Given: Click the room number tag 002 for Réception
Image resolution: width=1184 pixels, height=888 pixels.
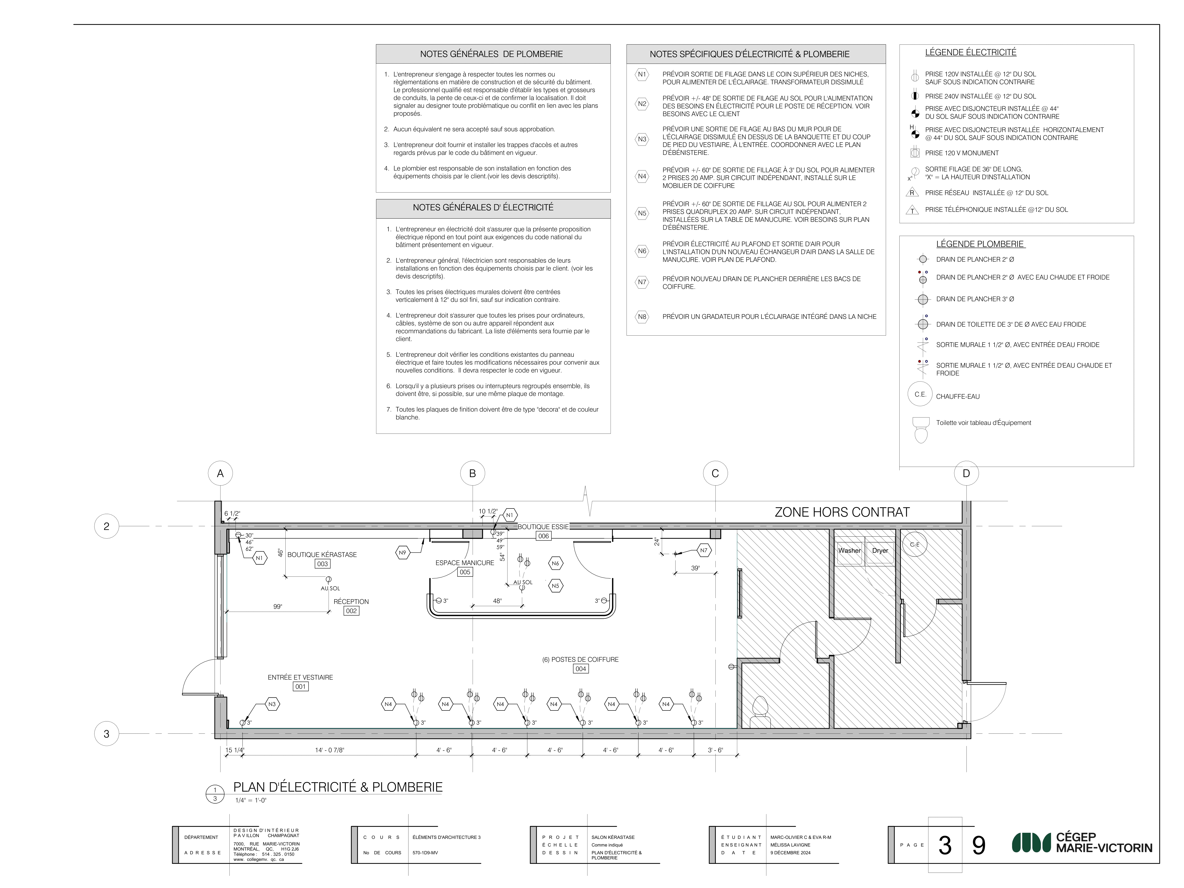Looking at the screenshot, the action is (x=351, y=611).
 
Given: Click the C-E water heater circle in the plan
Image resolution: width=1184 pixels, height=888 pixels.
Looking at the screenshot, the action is (x=915, y=544).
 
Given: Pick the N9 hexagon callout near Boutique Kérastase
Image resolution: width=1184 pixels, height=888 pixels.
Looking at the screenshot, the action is (x=403, y=552).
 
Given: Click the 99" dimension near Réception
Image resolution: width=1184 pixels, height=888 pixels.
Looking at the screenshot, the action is (x=277, y=606).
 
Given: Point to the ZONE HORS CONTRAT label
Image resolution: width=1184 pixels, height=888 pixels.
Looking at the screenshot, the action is (x=842, y=512).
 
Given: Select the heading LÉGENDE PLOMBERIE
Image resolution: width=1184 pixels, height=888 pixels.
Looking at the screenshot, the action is (x=980, y=244).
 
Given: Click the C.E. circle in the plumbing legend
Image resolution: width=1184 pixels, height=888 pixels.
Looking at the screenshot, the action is (x=920, y=395).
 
